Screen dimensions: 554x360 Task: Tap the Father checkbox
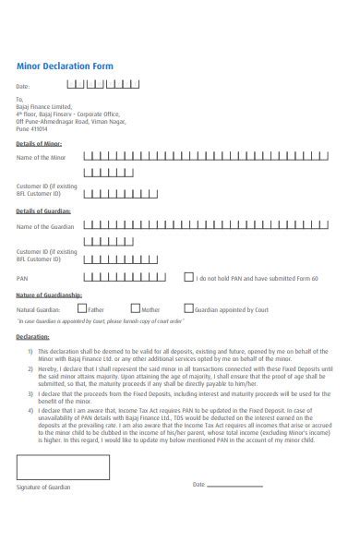(82, 308)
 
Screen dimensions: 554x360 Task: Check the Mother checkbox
(136, 308)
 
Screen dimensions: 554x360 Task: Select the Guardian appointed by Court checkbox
(189, 308)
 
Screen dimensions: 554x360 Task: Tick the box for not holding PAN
(189, 276)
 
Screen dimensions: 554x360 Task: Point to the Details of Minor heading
(40, 143)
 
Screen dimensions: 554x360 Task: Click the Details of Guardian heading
(44, 211)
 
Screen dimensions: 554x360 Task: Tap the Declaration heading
(32, 338)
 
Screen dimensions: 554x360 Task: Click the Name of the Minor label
(42, 158)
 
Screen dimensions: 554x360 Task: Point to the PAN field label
(22, 277)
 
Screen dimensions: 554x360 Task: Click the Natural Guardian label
(38, 310)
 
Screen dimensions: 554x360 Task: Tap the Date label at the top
(23, 85)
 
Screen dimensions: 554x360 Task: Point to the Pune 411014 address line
(32, 130)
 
